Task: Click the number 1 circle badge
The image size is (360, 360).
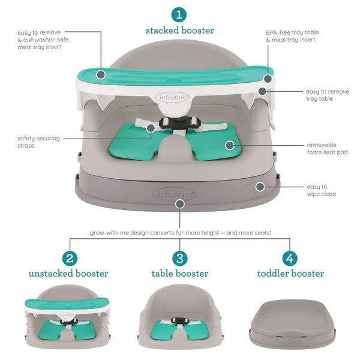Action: coord(179,14)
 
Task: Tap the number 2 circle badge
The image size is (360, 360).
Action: coord(70,259)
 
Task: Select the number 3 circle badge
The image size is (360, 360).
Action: coord(179,259)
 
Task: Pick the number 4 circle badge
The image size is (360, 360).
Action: coord(290,259)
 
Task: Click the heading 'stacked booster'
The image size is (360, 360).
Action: coord(179,30)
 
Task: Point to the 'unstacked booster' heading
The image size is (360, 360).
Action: coord(68,274)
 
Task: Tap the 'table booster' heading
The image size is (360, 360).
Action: coord(179,274)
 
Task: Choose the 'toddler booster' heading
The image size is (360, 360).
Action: coord(290,274)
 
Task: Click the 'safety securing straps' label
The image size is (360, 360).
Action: coord(38,142)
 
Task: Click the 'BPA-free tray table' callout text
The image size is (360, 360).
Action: coord(290,35)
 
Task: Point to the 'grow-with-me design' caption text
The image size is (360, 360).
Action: coord(180,232)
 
